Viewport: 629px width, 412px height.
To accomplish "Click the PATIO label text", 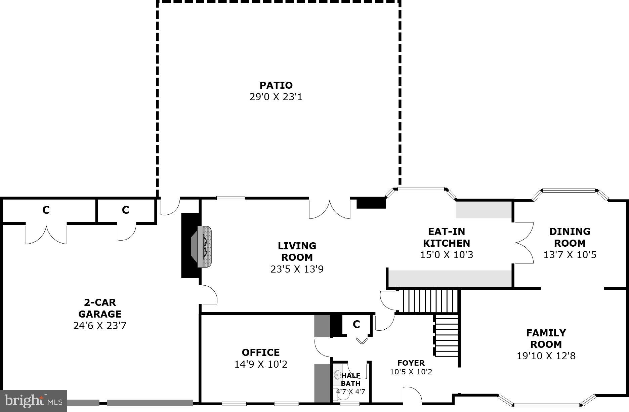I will [x=276, y=85].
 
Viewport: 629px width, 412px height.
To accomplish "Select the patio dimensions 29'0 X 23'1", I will [x=276, y=97].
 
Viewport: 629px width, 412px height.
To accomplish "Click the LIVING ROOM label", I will [x=297, y=251].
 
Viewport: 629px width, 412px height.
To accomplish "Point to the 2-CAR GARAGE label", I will [x=100, y=308].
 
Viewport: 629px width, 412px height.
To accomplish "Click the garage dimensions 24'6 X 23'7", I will [x=100, y=326].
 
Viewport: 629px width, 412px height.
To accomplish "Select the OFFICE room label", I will [x=261, y=352].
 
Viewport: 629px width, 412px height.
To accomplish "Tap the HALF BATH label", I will [x=351, y=379].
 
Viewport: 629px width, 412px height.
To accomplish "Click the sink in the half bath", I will [x=337, y=375].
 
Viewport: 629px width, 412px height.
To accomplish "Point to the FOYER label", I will [x=411, y=363].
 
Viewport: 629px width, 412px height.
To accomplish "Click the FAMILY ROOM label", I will [x=546, y=338].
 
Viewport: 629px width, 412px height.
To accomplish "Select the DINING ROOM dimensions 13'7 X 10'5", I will [x=570, y=255].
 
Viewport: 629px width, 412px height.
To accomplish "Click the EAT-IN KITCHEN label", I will [x=446, y=237].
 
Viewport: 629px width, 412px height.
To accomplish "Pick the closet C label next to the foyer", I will [x=356, y=324].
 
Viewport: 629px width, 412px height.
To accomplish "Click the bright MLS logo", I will [x=33, y=401].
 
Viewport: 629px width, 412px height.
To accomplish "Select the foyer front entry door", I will [x=412, y=395].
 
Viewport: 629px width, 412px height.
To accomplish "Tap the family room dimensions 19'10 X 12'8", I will [x=546, y=356].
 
